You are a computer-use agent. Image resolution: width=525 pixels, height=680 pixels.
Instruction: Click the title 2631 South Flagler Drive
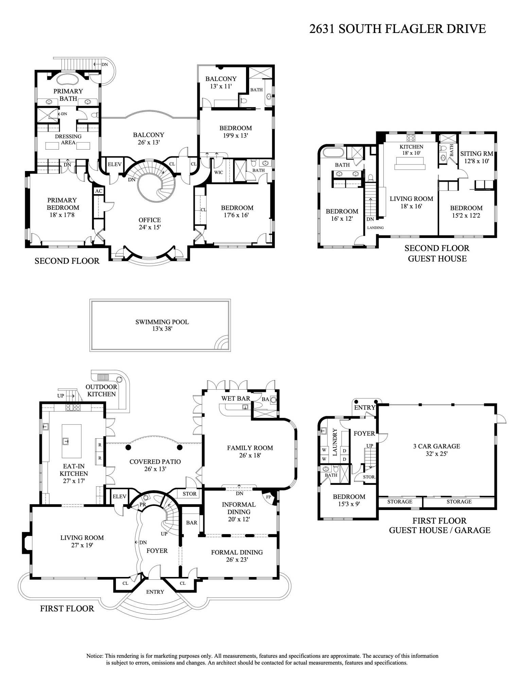[397, 29]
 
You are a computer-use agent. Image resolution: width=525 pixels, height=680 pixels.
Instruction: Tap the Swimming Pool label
[162, 322]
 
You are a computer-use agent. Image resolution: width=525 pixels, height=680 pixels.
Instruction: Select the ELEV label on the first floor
[119, 496]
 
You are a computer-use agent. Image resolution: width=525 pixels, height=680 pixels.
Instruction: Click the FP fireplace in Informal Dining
[268, 497]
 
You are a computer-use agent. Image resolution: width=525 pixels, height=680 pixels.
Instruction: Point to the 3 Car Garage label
[436, 446]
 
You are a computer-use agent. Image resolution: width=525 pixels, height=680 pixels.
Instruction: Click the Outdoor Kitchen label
[101, 390]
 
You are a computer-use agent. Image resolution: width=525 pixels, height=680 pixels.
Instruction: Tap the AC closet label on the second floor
[99, 191]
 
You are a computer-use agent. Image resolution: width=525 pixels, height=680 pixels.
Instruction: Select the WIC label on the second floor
[218, 172]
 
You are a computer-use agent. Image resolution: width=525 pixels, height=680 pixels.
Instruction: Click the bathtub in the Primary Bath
[67, 80]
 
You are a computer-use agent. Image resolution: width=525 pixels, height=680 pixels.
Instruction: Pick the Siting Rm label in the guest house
[476, 154]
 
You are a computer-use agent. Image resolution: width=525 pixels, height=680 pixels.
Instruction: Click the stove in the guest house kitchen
[411, 138]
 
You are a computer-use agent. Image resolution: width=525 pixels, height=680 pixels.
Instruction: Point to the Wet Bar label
[235, 398]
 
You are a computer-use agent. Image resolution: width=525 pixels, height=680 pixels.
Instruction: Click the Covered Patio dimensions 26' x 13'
[155, 469]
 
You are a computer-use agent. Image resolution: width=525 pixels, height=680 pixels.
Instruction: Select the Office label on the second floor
[150, 220]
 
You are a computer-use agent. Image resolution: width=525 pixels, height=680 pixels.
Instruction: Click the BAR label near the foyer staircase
[192, 523]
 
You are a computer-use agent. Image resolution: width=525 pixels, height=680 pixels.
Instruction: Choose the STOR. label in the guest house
[369, 477]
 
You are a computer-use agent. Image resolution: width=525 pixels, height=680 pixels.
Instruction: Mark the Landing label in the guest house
[375, 228]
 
